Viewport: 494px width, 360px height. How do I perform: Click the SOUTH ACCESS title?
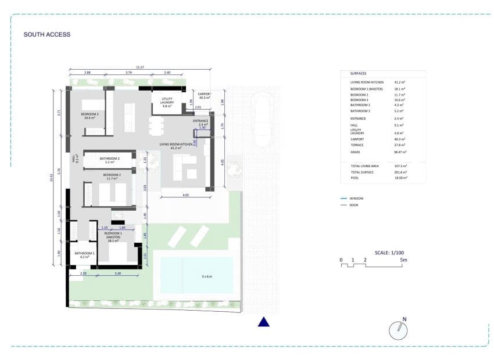click(x=46, y=35)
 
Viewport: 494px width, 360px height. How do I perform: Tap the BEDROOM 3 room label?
click(x=90, y=115)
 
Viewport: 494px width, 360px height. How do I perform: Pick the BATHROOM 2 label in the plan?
click(x=109, y=160)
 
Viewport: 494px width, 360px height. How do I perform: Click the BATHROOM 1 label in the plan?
click(x=84, y=254)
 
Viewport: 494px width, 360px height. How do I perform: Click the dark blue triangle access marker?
click(x=264, y=322)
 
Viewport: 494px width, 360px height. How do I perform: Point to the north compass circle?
click(x=398, y=330)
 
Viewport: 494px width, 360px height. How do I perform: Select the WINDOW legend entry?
click(x=356, y=199)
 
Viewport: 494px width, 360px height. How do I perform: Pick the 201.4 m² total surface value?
click(x=400, y=172)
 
